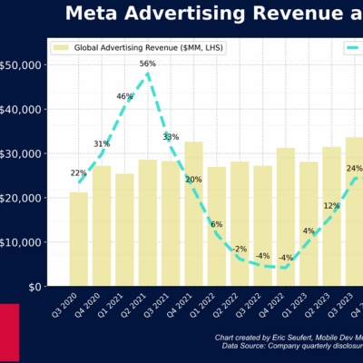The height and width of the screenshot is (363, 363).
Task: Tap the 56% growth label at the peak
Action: click(148, 64)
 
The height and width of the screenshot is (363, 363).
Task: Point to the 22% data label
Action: click(79, 173)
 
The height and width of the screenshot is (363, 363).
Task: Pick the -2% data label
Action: click(240, 249)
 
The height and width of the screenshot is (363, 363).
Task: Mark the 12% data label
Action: click(331, 206)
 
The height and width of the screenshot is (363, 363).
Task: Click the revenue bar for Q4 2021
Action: click(194, 214)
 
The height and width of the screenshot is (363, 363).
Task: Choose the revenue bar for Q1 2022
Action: click(217, 227)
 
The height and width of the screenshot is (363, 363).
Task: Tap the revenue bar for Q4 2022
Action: click(286, 218)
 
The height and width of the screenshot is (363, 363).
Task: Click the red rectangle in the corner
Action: click(9, 332)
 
